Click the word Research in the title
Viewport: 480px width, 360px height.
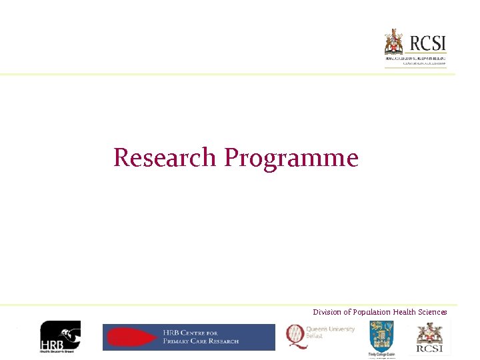(165, 158)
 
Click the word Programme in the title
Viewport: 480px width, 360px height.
(291, 159)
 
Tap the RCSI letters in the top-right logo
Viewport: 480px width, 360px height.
(427, 43)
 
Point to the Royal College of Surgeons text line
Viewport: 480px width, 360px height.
(415, 59)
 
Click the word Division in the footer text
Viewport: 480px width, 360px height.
(327, 312)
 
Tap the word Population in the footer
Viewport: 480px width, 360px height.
(371, 312)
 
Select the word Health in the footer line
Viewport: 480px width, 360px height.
(405, 312)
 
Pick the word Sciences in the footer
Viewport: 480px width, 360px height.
(433, 312)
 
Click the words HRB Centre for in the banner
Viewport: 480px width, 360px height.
(191, 333)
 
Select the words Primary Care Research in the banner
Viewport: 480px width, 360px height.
(200, 341)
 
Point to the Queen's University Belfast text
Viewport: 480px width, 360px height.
(331, 332)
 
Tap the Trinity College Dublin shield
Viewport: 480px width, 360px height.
(381, 335)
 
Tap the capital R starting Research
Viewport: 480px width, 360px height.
(122, 158)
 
